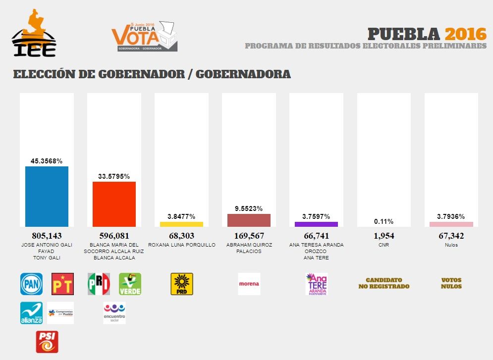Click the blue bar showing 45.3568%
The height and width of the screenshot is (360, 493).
point(47,196)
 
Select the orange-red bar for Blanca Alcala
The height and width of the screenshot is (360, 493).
point(114,204)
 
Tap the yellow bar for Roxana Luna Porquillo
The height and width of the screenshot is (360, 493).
point(181,224)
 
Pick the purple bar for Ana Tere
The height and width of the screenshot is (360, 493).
point(316,224)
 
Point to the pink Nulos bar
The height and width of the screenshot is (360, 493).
point(451,224)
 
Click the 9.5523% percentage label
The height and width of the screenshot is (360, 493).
point(249,208)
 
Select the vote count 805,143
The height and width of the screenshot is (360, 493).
point(47,236)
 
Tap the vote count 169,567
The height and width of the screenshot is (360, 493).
point(249,236)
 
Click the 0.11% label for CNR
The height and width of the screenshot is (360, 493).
point(383,221)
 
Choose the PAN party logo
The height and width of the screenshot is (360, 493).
point(31,284)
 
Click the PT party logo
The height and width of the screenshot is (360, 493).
point(62,284)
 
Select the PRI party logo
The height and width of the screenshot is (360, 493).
point(99,284)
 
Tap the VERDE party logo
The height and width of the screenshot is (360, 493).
point(130,284)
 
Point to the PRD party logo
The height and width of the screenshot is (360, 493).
point(181,284)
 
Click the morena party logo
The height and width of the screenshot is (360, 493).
point(249,284)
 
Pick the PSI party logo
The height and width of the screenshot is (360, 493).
point(47,342)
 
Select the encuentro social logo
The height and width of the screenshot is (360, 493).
point(114,313)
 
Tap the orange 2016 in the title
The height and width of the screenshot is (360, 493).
point(465,34)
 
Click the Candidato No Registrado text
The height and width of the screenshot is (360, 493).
point(384,283)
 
